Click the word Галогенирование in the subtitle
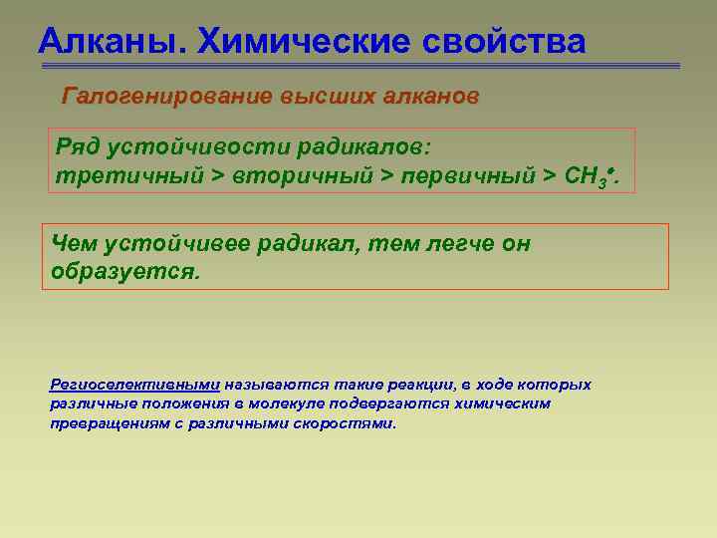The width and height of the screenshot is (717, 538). pos(164,98)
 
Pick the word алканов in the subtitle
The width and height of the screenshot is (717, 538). pos(429,98)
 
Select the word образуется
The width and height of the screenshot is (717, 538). pos(124,271)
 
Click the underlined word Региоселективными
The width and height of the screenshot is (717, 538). pos(134,385)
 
